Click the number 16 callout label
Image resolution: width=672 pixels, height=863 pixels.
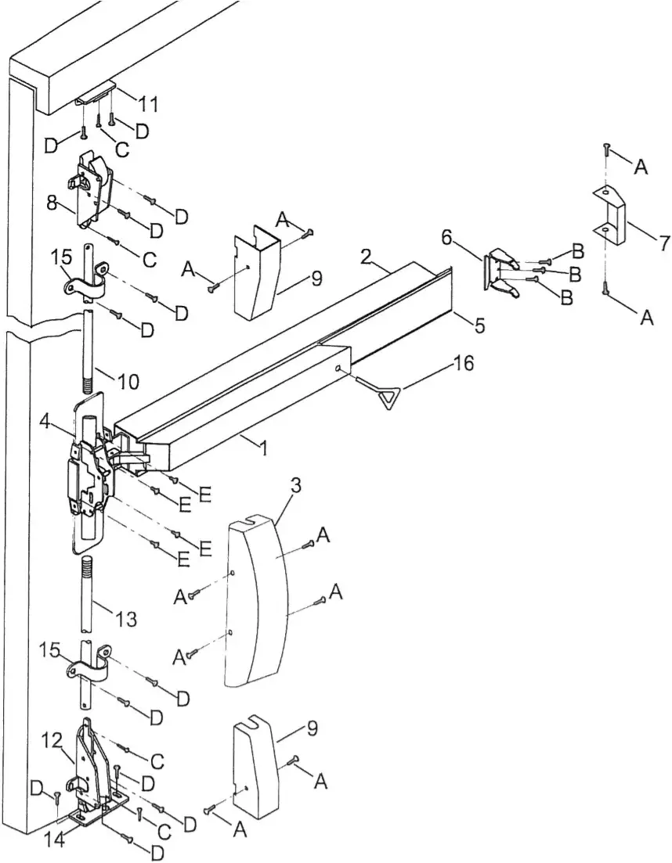click(x=464, y=365)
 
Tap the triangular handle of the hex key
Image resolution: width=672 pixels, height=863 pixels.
click(x=390, y=398)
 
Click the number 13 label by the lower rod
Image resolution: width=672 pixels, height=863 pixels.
click(x=125, y=619)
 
